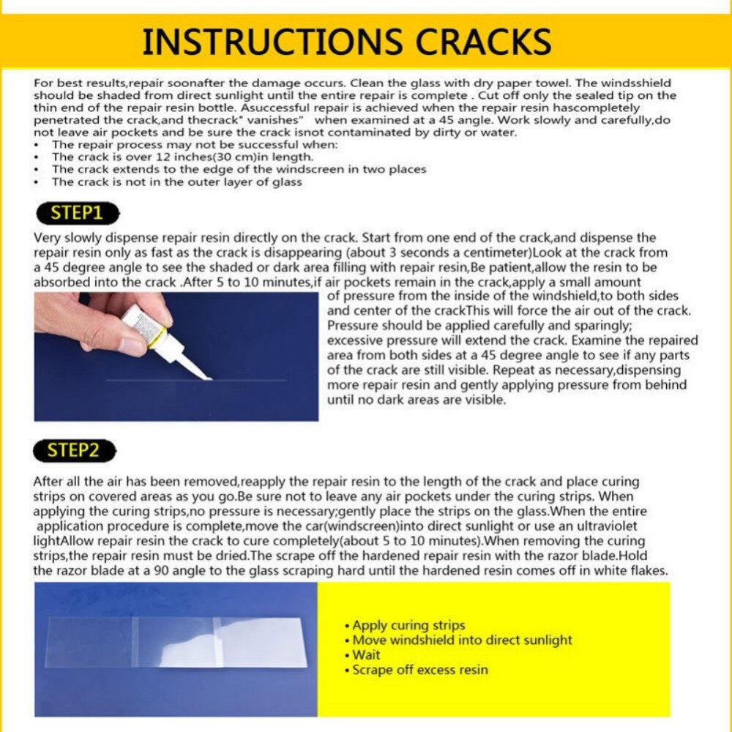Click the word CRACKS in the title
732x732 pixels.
[479, 42]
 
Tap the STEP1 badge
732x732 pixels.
[76, 214]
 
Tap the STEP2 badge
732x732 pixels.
[75, 450]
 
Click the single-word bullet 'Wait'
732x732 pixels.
[366, 655]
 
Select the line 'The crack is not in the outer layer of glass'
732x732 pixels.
[176, 182]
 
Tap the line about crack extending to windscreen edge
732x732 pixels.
[239, 169]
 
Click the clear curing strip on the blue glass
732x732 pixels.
[176, 642]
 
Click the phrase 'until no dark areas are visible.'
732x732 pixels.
[416, 400]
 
